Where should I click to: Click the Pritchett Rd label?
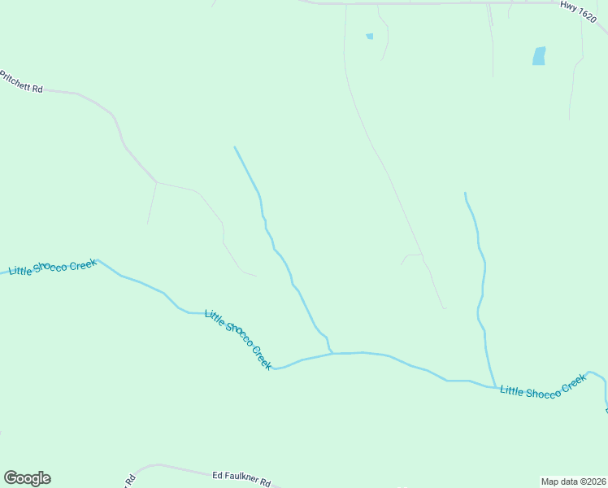click(21, 81)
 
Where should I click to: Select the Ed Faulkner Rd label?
click(241, 477)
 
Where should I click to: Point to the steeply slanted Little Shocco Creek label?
click(238, 339)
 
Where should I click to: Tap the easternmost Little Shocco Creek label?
click(542, 387)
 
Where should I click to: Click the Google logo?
click(27, 478)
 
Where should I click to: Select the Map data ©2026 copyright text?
click(573, 481)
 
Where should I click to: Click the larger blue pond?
click(538, 56)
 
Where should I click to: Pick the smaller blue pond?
click(369, 36)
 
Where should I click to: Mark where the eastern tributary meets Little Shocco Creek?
click(495, 387)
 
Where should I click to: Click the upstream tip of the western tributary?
click(235, 147)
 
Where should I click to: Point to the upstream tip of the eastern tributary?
click(465, 193)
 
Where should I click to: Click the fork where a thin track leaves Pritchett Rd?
click(155, 182)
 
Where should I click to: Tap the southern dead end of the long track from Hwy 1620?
click(445, 308)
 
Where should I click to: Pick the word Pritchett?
click(15, 80)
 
